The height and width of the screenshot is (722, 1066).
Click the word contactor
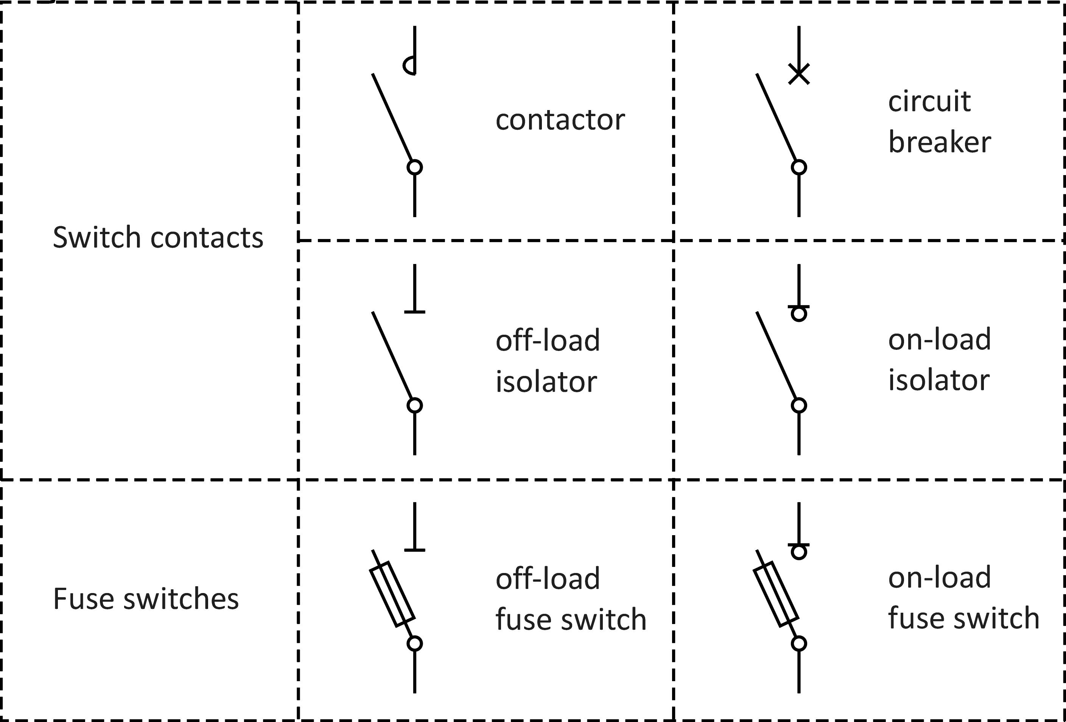[x=560, y=120]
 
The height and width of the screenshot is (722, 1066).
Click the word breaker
[x=939, y=142]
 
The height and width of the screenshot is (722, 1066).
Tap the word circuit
[x=929, y=101]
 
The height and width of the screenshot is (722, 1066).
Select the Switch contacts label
[x=158, y=237]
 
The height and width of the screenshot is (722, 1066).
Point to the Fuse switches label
[x=146, y=599]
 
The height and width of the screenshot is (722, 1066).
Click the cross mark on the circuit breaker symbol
[x=799, y=74]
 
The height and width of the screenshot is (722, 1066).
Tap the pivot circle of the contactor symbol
[x=415, y=167]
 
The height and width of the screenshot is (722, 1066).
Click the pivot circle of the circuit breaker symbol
[x=799, y=167]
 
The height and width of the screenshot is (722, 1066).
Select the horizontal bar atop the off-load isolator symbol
[x=415, y=312]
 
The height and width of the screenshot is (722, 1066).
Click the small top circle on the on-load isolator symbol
[x=799, y=314]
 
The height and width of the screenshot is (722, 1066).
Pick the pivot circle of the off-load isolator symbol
[x=415, y=405]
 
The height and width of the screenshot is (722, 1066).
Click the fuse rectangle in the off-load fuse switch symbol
[x=392, y=594]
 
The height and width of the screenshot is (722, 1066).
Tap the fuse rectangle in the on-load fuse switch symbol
[x=776, y=594]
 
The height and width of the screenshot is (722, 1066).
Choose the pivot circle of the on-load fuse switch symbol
[x=799, y=644]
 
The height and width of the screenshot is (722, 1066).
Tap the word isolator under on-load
[x=939, y=380]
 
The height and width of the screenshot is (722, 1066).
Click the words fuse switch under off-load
[x=571, y=619]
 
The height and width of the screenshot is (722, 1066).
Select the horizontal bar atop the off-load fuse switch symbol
[x=415, y=550]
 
